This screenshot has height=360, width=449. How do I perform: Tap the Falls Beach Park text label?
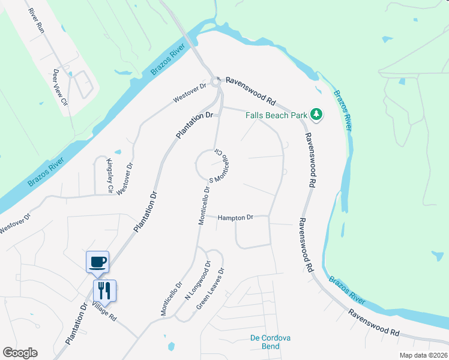pyautogui.click(x=276, y=115)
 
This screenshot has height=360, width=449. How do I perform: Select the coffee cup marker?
pyautogui.click(x=98, y=262)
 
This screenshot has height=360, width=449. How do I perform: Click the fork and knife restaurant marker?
pyautogui.click(x=104, y=291)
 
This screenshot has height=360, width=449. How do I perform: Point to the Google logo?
pyautogui.click(x=20, y=353)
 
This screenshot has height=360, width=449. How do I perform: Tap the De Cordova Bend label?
pyautogui.click(x=270, y=342)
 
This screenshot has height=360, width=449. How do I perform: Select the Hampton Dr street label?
pyautogui.click(x=235, y=217)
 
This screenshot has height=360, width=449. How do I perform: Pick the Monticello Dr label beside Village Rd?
pyautogui.click(x=170, y=299)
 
